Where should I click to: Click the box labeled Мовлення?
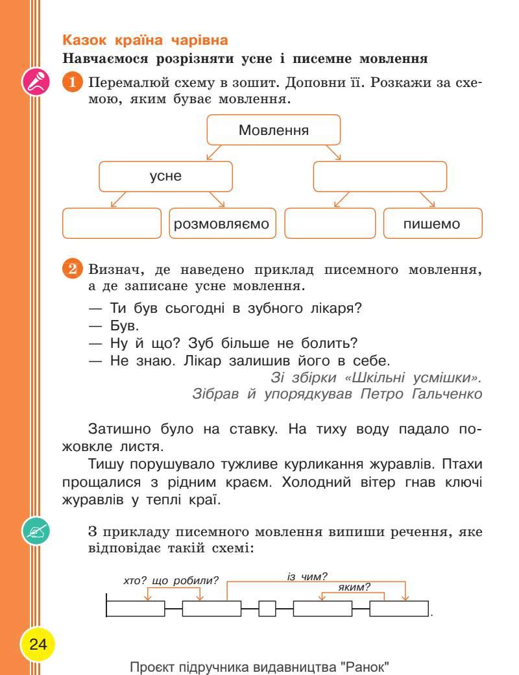(x=273, y=130)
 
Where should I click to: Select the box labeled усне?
(x=165, y=177)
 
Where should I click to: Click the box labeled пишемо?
(x=432, y=224)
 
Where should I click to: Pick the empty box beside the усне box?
(x=380, y=177)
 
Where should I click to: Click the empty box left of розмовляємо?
(x=112, y=224)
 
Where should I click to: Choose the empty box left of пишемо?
(x=330, y=224)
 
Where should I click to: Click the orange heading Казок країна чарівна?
(x=144, y=40)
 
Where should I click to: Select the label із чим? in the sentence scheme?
(x=307, y=576)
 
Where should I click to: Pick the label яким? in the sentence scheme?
(x=354, y=587)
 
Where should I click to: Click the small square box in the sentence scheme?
(x=267, y=609)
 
